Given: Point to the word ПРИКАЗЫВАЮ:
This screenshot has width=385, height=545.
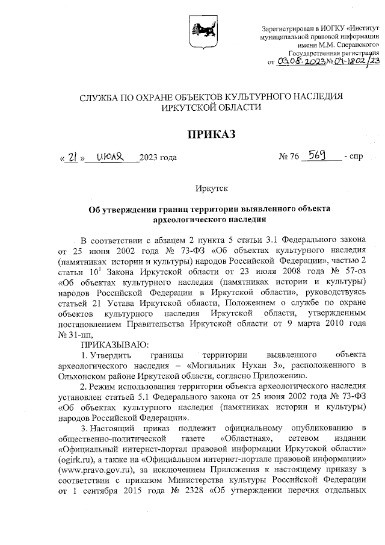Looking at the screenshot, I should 111,344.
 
